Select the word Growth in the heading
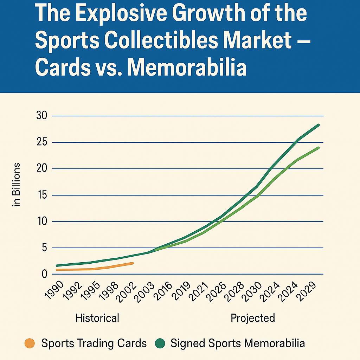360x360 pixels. click(208, 14)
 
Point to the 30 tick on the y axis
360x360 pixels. click(42, 116)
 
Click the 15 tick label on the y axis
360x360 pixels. click(42, 195)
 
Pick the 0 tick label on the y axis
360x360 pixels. click(44, 274)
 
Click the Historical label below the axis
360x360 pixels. click(97, 318)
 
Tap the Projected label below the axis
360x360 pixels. click(252, 318)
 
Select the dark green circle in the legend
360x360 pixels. click(160, 343)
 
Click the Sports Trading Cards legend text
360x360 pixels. click(94, 343)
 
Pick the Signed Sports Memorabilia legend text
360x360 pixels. click(238, 343)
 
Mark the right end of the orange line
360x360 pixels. click(133, 263)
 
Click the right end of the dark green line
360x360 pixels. click(319, 125)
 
